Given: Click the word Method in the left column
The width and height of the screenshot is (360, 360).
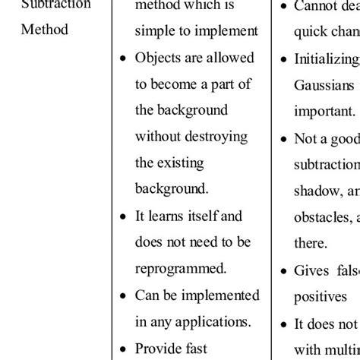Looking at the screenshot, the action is [x=44, y=30].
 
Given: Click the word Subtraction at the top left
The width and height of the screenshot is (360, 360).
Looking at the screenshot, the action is [x=56, y=5].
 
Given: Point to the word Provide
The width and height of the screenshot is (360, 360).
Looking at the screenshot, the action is [x=159, y=348].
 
